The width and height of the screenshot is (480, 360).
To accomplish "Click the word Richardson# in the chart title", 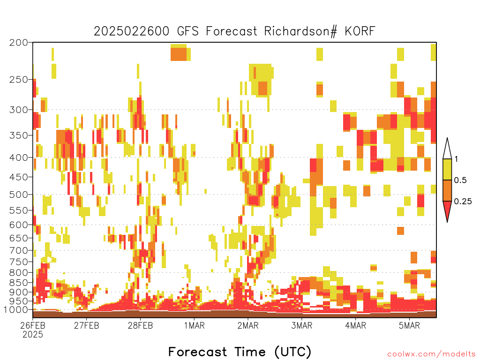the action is [300, 31].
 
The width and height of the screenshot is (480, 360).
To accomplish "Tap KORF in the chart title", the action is [360, 31].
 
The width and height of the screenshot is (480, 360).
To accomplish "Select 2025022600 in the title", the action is [131, 31].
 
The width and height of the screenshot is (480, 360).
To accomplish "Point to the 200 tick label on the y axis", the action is [18, 43].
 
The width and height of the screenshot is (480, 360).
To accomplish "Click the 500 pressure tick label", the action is [18, 195].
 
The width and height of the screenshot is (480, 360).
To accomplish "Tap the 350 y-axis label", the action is [18, 135].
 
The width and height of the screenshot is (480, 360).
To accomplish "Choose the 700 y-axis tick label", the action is [18, 250].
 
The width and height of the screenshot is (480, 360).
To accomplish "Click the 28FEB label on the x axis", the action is [140, 325].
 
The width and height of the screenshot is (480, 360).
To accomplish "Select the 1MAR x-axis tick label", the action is [194, 325].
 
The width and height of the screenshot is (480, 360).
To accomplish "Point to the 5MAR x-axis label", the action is [409, 325].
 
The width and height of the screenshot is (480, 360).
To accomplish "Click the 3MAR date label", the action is [301, 325].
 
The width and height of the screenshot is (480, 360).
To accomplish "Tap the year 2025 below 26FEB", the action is [33, 335].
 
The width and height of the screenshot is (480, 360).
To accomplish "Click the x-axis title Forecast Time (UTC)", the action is [240, 352].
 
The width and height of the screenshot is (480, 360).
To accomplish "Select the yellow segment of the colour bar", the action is [447, 169].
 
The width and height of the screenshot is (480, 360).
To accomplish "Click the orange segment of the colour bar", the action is [447, 190].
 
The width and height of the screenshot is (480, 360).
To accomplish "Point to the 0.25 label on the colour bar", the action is [463, 202].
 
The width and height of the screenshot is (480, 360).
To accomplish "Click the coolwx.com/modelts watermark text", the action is [431, 354].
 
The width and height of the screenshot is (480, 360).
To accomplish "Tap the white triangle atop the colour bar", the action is [447, 150].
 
